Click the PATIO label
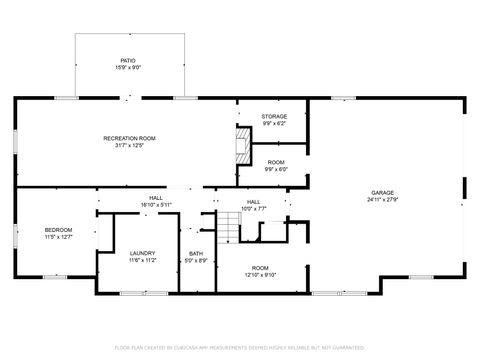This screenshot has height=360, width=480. click(129, 61)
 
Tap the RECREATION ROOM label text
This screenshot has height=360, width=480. click(129, 138)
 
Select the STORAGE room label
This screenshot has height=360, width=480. click(274, 117)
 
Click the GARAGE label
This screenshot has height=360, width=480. click(382, 193)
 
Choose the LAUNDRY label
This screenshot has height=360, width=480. click(142, 253)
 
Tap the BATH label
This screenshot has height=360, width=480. click(196, 255)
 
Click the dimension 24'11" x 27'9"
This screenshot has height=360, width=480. click(382, 200)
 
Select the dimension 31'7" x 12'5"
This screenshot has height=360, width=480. click(129, 145)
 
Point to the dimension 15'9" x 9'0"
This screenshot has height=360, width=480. click(129, 68)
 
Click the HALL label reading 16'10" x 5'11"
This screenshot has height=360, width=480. click(156, 198)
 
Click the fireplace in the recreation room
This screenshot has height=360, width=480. click(240, 146)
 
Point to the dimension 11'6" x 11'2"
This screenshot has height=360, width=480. click(142, 260)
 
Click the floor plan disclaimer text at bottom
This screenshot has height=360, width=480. click(240, 346)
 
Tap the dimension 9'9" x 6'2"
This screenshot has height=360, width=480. click(274, 124)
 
